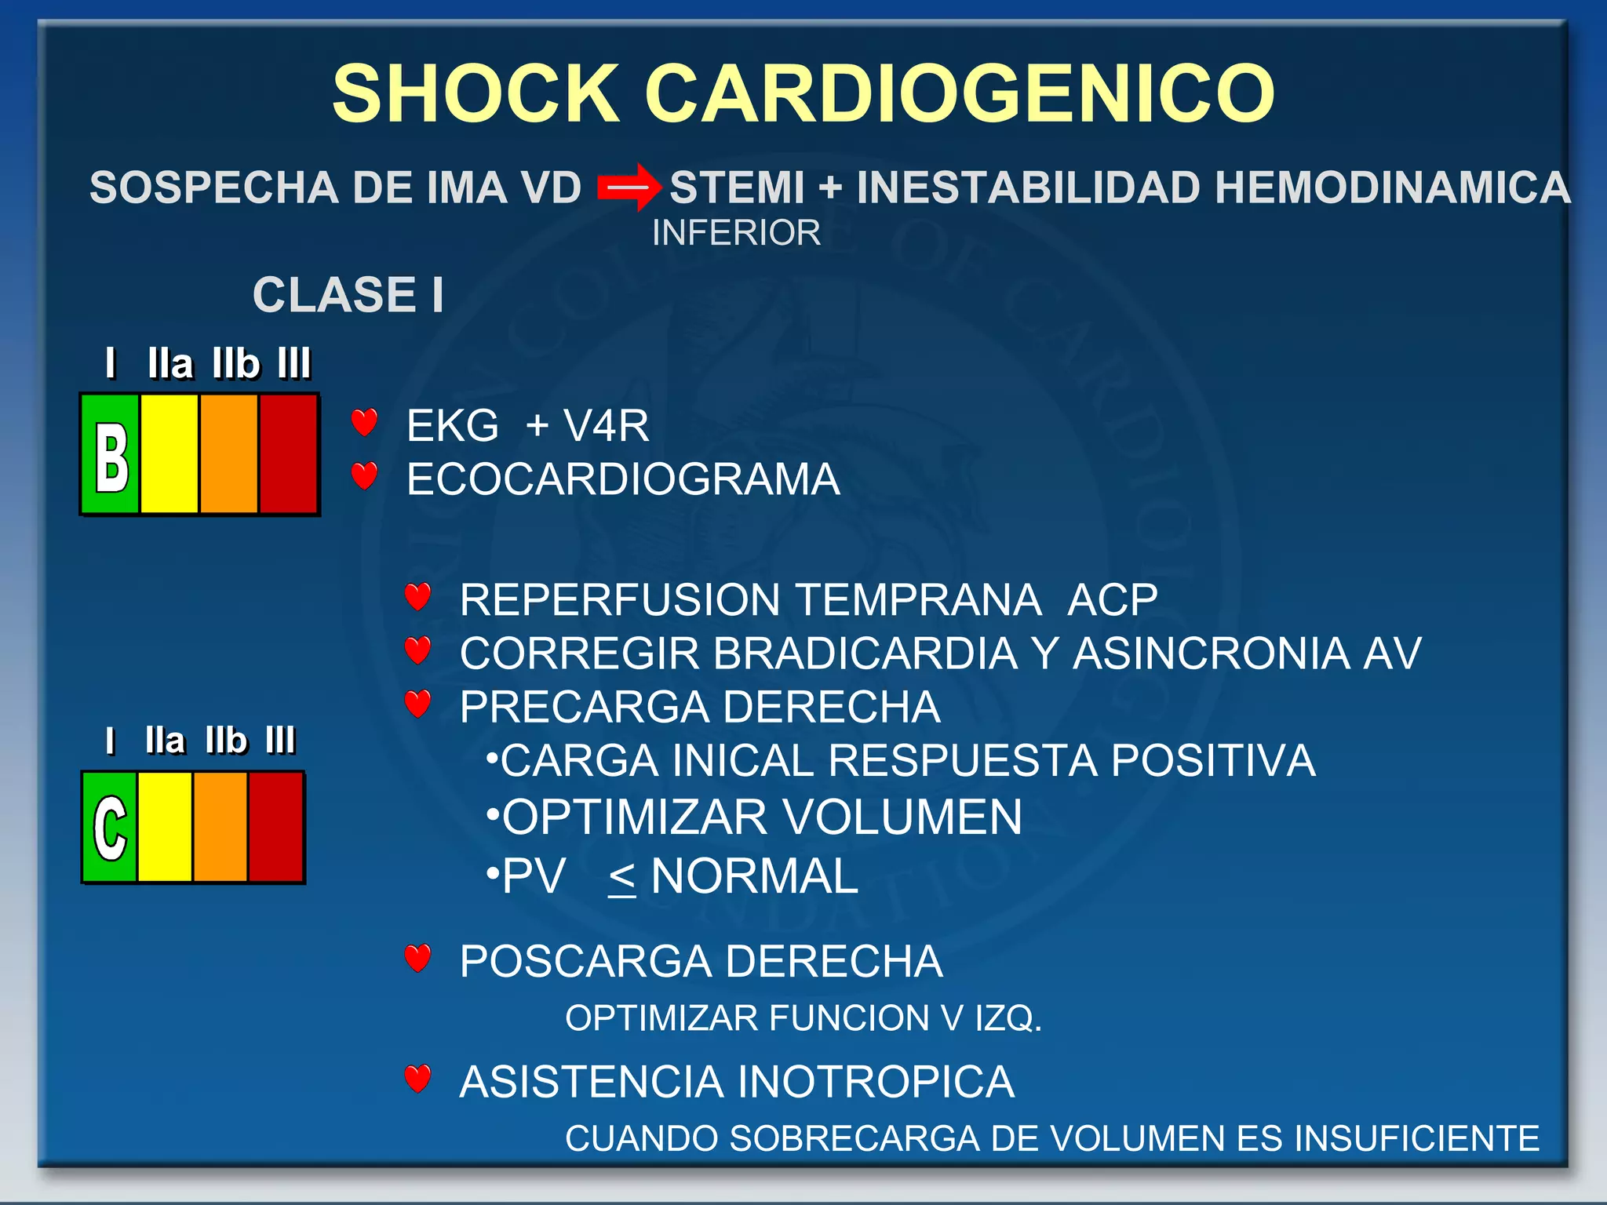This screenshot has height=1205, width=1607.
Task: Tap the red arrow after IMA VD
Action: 629,187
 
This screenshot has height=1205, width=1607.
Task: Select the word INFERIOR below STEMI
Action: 736,233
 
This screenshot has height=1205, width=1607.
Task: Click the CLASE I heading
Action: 348,295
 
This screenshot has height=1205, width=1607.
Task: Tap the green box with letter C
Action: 109,828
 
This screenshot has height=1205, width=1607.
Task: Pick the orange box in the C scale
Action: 220,828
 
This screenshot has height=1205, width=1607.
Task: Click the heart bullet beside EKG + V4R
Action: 364,423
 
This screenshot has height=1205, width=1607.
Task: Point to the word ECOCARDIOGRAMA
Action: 623,479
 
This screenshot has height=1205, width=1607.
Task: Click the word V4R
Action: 606,426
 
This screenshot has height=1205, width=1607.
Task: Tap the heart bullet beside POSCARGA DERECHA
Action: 417,958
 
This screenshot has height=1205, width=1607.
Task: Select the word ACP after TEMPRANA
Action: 1112,600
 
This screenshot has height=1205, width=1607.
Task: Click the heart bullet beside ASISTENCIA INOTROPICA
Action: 417,1079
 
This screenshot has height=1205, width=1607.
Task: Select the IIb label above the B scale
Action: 235,364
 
